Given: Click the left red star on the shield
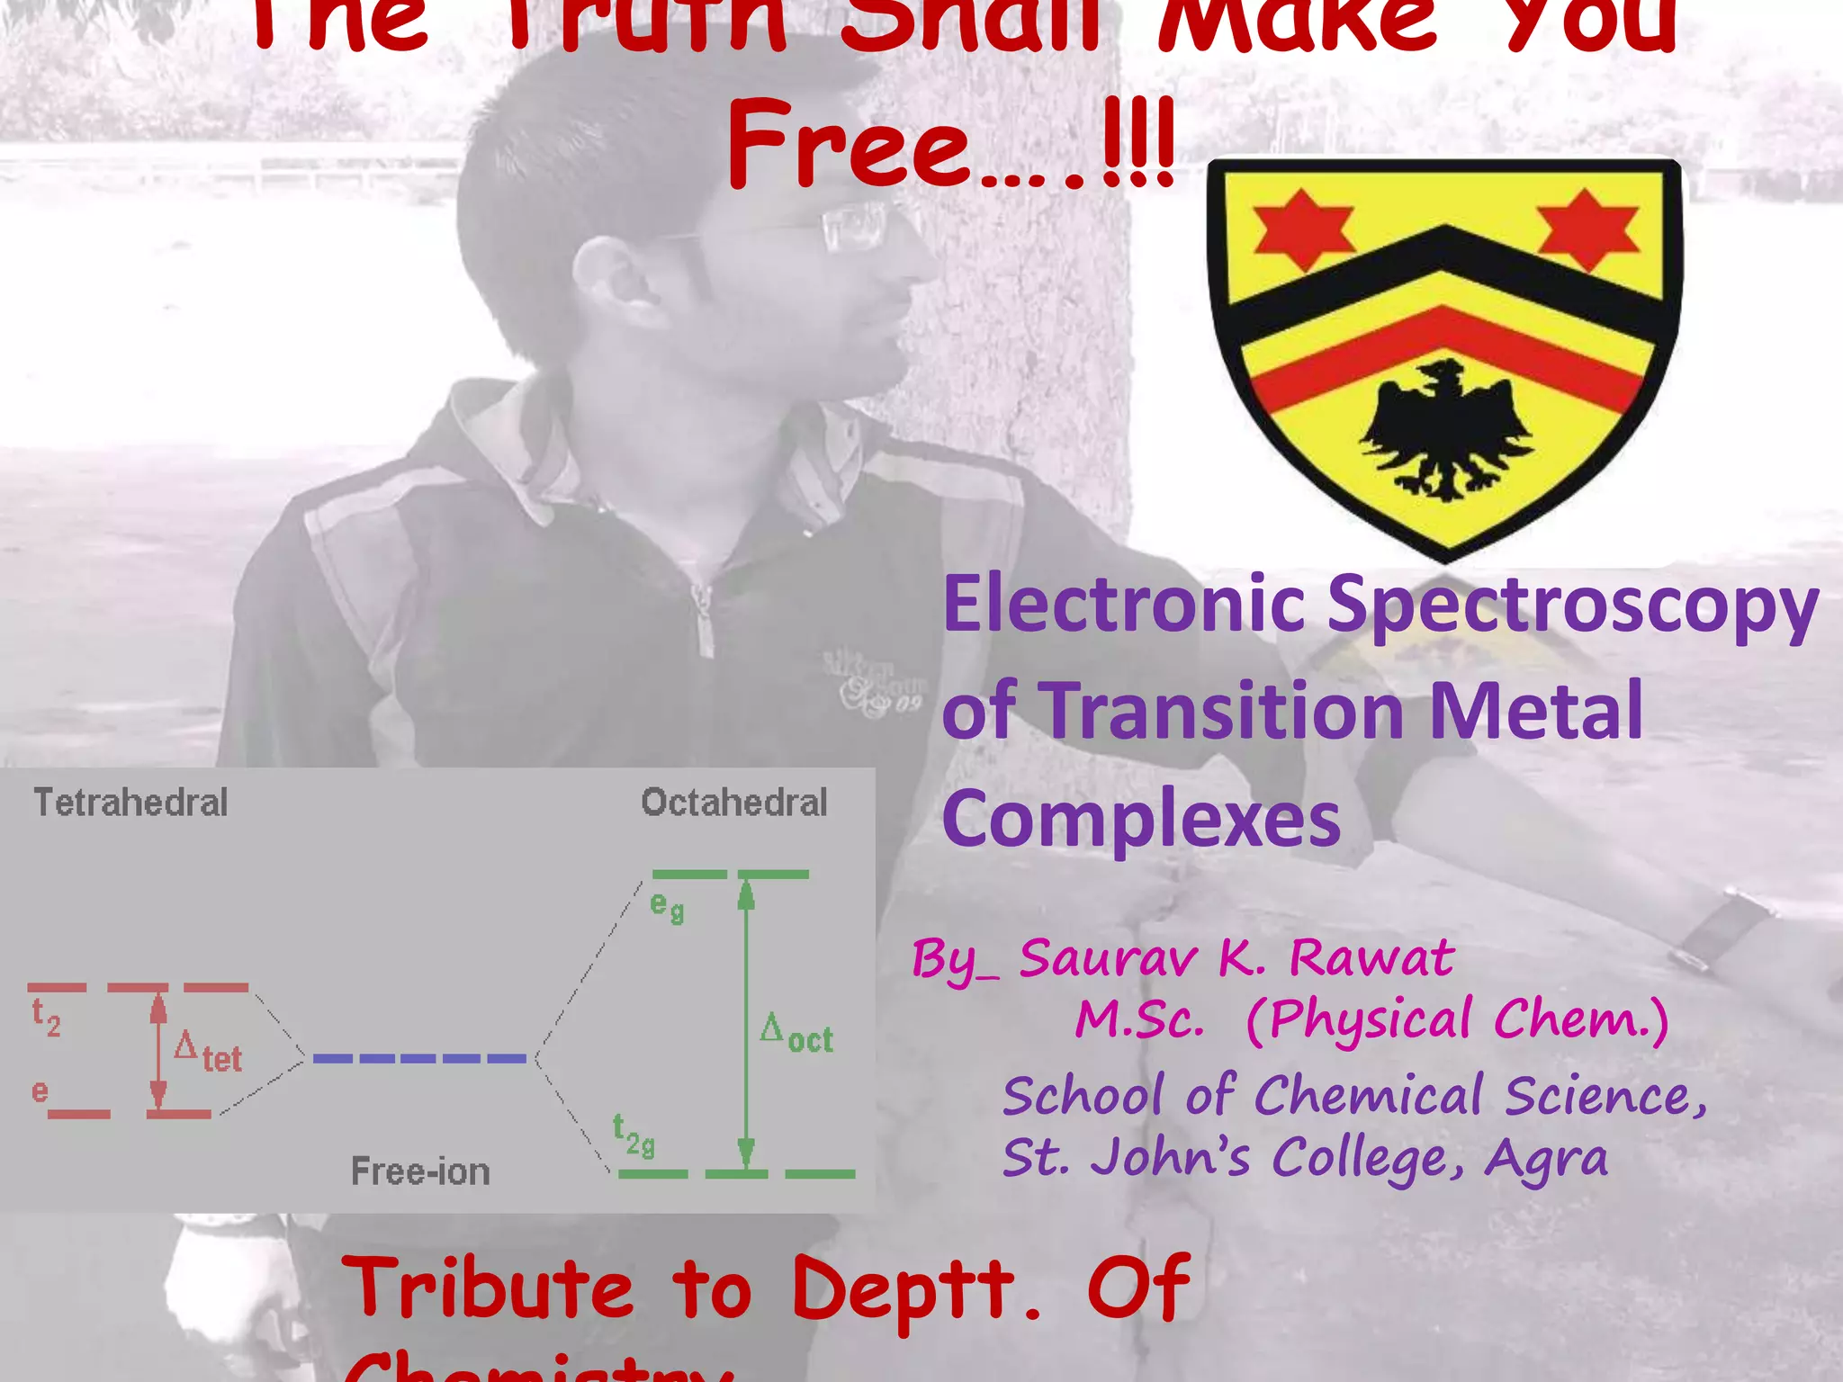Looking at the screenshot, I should pyautogui.click(x=1302, y=229).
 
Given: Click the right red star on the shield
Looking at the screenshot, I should pyautogui.click(x=1587, y=229).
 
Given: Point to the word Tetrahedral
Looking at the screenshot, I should pyautogui.click(x=130, y=803).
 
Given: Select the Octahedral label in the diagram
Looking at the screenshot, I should pyautogui.click(x=733, y=803).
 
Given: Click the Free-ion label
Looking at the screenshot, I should pyautogui.click(x=420, y=1172).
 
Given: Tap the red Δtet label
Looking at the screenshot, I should pyautogui.click(x=208, y=1052).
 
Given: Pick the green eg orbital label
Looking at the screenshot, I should pyautogui.click(x=667, y=907).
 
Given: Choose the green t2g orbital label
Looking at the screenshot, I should pyautogui.click(x=634, y=1135).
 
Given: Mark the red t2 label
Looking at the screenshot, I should pyautogui.click(x=46, y=1018).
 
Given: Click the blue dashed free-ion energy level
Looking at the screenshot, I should pyautogui.click(x=419, y=1059).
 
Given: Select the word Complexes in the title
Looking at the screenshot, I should pyautogui.click(x=1141, y=819).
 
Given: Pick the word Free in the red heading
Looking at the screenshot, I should pyautogui.click(x=850, y=146).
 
